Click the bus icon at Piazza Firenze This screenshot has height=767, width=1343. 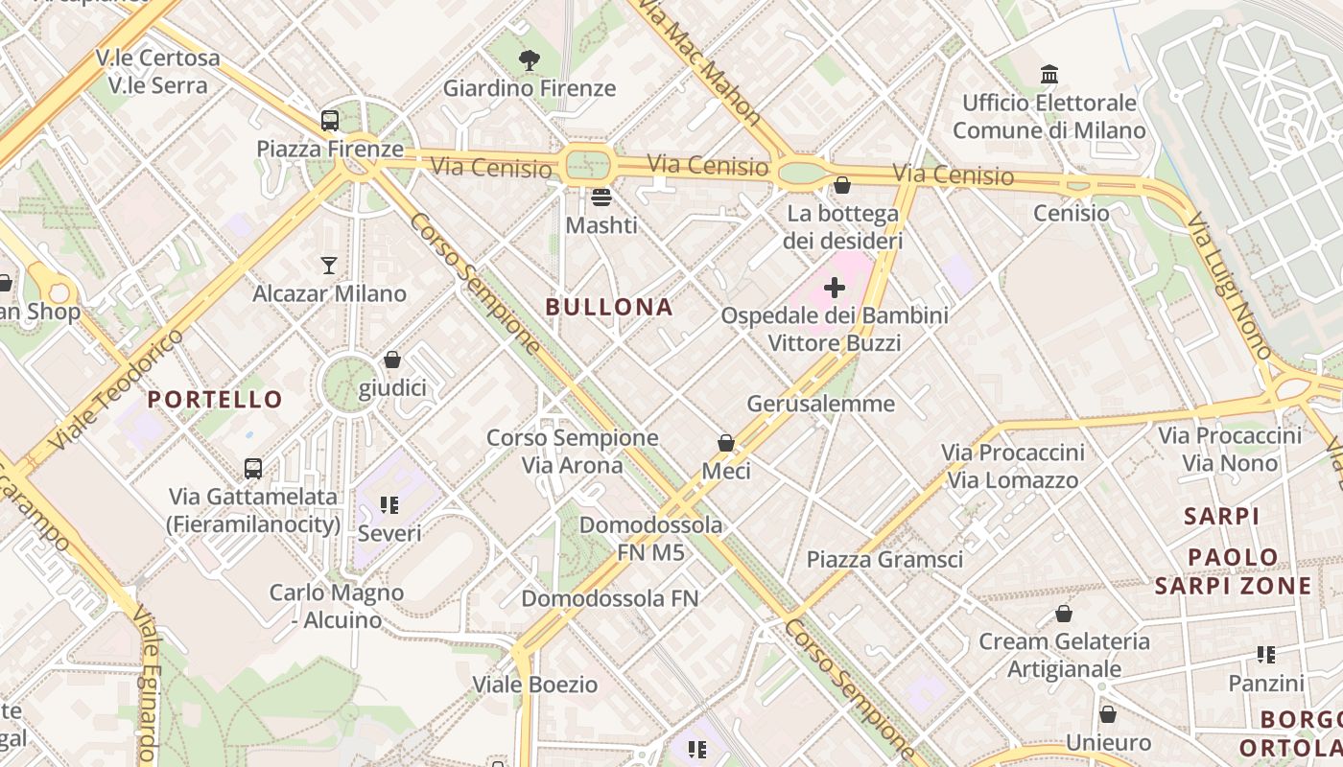coord(330,121)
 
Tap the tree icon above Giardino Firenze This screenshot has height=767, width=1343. coord(529,60)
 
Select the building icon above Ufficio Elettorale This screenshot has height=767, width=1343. coord(1049,74)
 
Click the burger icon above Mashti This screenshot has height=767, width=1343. coord(601,198)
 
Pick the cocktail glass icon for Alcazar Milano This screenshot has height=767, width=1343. coord(329,266)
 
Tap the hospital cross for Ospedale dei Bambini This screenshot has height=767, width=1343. coord(835,287)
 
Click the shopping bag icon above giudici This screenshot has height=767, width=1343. coord(391,360)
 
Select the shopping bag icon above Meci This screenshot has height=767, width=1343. coord(726,443)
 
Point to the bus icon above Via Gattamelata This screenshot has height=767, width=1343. coord(253,468)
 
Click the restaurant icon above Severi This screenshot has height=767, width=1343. coord(389,504)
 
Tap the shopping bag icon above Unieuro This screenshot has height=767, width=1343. coord(1108,714)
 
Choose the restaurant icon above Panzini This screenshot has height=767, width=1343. coord(1266,655)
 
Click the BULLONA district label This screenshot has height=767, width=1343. coord(609,308)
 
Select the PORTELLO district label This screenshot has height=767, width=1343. coord(216,400)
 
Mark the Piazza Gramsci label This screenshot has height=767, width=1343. coord(884,559)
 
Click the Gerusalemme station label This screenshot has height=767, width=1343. coord(820,404)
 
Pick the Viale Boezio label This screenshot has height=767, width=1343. coord(535,685)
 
